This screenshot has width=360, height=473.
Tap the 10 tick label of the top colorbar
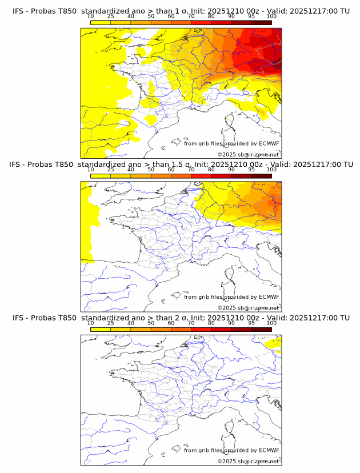coord(90,16)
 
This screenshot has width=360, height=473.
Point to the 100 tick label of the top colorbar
coord(271,16)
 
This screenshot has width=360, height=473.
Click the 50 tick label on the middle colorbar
coord(151,170)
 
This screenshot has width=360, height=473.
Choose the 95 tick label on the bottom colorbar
coord(251,323)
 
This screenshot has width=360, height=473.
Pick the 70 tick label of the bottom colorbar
coord(191,323)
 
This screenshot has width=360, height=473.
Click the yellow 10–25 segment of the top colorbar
coord(101,22)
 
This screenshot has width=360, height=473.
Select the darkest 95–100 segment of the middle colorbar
coord(261,176)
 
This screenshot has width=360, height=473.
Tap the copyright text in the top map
coord(248,155)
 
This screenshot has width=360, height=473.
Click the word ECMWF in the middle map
coord(269,297)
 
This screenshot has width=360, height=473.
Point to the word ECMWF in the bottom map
coord(269,450)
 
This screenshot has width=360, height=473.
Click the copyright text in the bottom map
coord(248,462)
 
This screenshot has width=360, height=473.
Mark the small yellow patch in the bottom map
coord(274,343)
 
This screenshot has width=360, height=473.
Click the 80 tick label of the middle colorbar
coord(211,170)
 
